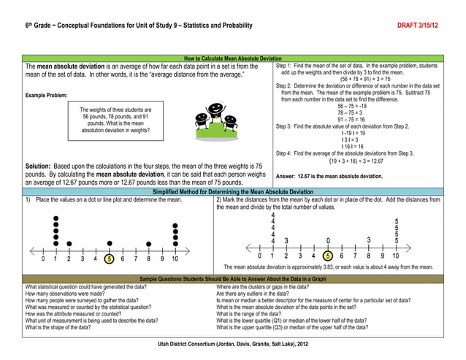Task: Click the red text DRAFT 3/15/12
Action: point(418,26)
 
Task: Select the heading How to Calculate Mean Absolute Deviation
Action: point(232,58)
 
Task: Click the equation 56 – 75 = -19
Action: point(354,107)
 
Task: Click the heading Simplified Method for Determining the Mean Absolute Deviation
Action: point(232,191)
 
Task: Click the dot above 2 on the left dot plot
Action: point(69,243)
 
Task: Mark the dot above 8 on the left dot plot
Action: point(148,244)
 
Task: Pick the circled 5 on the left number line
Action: point(109,258)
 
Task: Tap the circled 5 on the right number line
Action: point(328,256)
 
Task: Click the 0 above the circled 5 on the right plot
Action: point(328,240)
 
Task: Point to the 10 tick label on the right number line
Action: point(395,256)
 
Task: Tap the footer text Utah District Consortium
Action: point(232,342)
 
